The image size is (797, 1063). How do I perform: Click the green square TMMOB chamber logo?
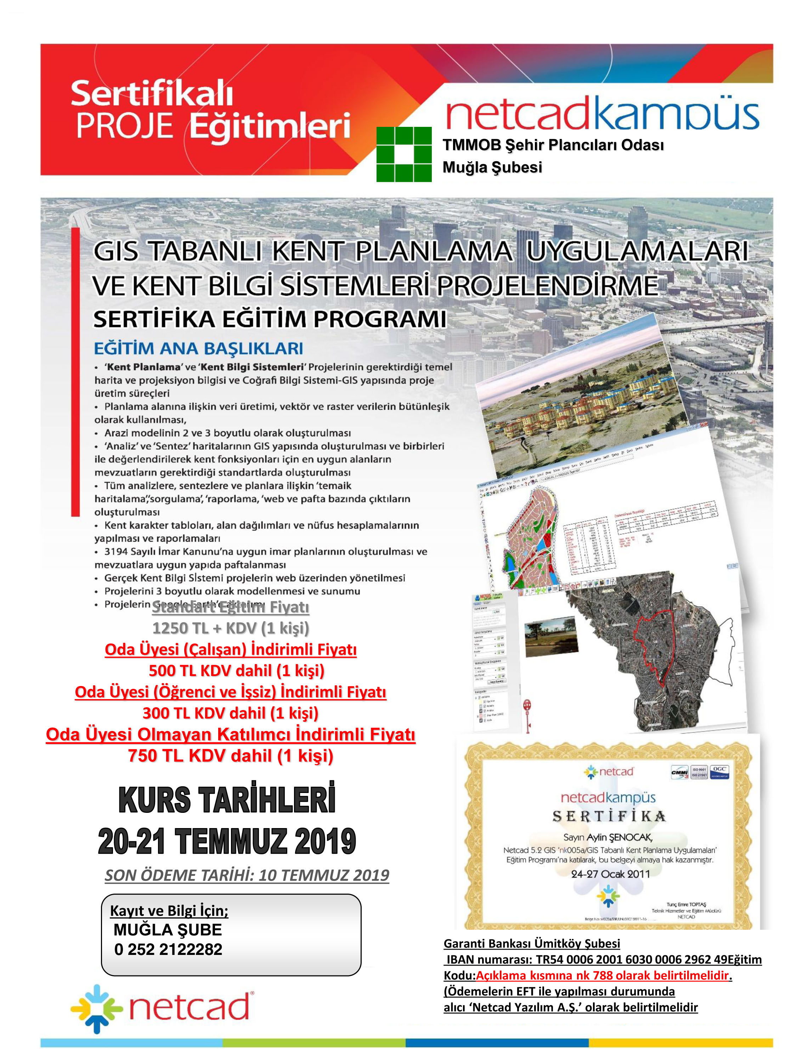[403, 154]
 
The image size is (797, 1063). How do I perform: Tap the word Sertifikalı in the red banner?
[152, 93]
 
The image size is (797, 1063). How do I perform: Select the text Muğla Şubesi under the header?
[492, 167]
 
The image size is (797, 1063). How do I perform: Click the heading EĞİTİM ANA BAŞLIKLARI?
[198, 348]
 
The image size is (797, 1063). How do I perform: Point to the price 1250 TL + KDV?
[231, 628]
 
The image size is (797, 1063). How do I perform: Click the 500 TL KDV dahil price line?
[236, 670]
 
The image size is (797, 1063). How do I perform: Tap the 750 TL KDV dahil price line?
[231, 755]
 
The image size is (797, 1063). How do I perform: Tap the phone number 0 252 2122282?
[168, 949]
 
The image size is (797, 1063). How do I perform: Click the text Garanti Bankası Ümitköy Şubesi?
[532, 943]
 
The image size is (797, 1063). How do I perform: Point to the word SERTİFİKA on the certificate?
[609, 816]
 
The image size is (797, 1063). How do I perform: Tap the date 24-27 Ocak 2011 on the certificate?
[610, 874]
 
